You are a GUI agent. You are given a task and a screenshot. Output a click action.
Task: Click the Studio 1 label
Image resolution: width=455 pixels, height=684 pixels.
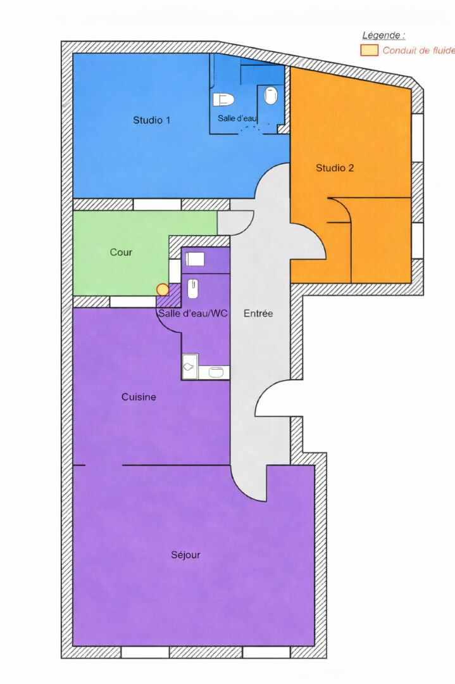(x=151, y=120)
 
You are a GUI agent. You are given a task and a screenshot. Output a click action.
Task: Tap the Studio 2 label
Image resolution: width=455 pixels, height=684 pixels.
(x=335, y=168)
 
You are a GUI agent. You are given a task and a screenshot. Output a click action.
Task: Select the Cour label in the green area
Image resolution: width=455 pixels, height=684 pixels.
(x=121, y=252)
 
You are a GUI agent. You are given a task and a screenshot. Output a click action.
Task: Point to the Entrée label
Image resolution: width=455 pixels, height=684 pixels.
(x=258, y=313)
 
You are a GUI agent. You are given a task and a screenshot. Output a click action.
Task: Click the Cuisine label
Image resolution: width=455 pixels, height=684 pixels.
(x=139, y=397)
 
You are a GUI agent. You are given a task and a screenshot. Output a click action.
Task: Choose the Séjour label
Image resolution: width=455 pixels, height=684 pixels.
(x=185, y=555)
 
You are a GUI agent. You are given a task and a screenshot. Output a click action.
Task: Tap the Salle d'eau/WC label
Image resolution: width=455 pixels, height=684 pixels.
(x=192, y=313)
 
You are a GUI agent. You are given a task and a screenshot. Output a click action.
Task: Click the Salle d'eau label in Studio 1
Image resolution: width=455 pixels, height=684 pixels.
(x=237, y=118)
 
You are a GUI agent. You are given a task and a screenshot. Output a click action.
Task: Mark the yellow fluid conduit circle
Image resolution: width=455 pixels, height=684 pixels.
(x=163, y=289)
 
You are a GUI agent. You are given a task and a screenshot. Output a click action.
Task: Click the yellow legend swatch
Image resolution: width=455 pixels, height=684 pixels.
(x=369, y=50)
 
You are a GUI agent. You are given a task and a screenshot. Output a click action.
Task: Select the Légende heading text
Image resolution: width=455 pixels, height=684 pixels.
(x=383, y=35)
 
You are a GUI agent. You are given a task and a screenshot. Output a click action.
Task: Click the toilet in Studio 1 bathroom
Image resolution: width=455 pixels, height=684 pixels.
(x=223, y=99)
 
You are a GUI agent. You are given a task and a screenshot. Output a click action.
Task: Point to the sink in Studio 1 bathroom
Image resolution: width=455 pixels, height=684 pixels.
(x=271, y=96)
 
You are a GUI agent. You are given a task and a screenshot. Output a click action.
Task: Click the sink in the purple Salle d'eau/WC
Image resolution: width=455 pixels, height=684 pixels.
(x=193, y=289)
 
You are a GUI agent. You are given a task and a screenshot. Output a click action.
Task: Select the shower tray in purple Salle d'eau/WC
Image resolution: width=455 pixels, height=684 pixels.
(x=190, y=367)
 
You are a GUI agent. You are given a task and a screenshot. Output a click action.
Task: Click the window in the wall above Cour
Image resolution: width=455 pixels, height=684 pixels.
(x=157, y=204)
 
